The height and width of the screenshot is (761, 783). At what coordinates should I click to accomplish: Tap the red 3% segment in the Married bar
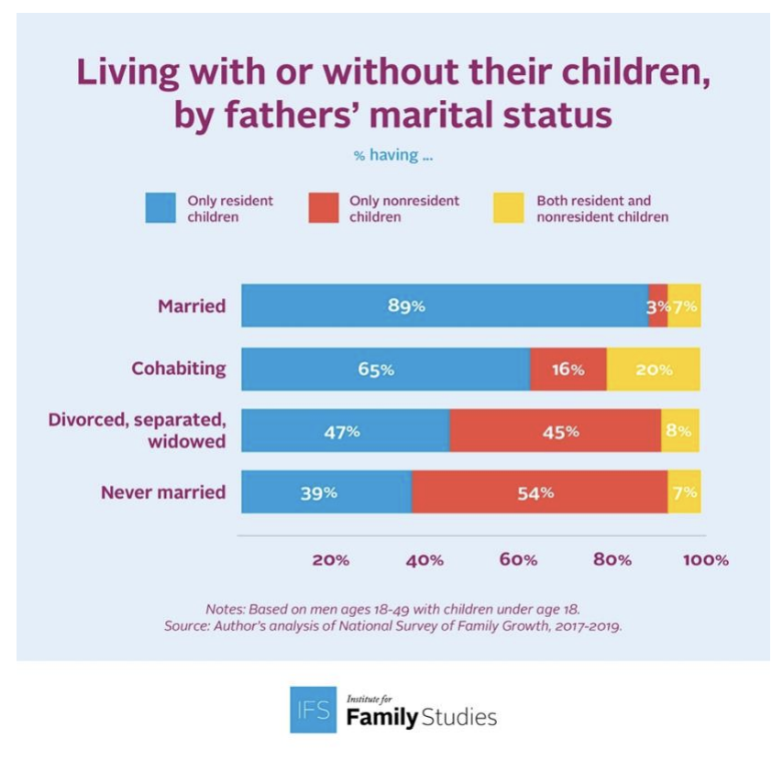(657, 306)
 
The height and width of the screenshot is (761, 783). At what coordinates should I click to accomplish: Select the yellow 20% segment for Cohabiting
(653, 369)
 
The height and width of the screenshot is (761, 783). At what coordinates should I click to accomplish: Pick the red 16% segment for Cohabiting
(568, 369)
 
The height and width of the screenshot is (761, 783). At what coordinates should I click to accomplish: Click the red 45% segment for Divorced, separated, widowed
(555, 431)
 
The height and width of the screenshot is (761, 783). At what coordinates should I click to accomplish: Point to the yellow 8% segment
(679, 431)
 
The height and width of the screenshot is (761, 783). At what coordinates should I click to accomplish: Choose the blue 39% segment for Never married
(325, 492)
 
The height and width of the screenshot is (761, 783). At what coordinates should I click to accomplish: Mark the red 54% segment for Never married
(539, 492)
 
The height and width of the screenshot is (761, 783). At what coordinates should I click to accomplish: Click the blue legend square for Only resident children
(161, 208)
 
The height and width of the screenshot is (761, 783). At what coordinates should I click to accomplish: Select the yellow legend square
(510, 208)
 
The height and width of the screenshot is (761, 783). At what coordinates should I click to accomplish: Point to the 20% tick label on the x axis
(330, 560)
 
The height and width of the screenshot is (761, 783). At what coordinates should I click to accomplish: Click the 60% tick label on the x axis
(518, 560)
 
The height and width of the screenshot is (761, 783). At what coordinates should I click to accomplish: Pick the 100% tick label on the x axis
(705, 560)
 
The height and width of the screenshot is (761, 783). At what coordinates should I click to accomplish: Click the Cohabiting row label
(179, 369)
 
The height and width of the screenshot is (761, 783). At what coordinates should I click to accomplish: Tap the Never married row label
(163, 492)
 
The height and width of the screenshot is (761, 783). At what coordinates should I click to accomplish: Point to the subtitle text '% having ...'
(393, 156)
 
